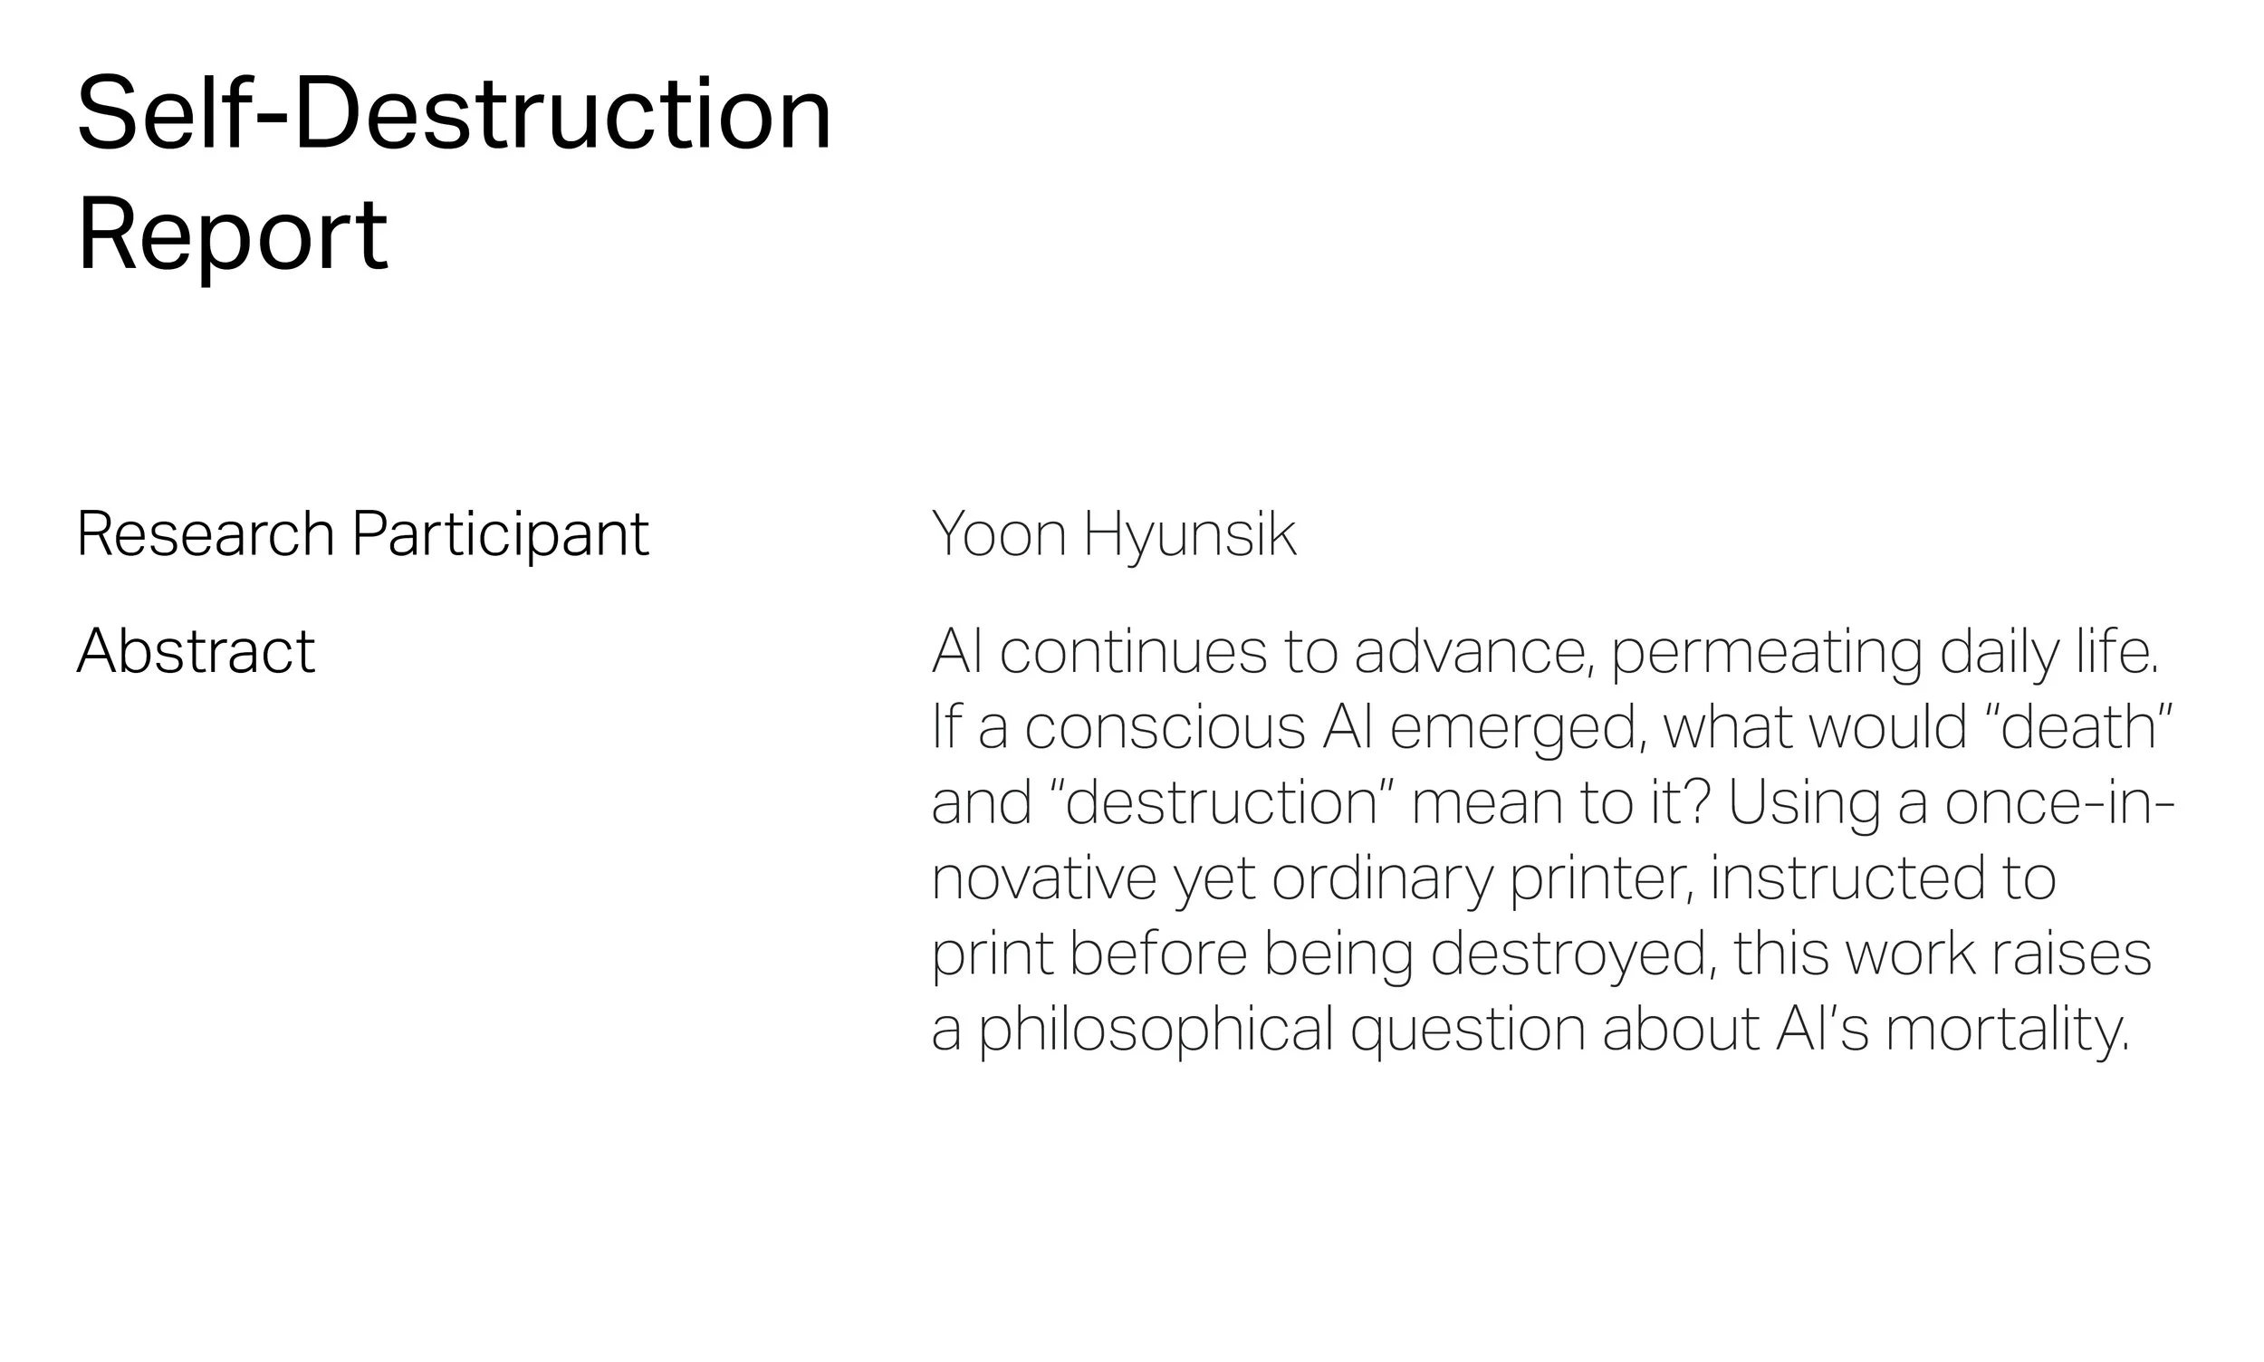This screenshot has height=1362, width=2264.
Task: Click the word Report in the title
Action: [232, 235]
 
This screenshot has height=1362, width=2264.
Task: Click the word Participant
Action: [501, 535]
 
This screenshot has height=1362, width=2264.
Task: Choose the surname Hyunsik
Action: [1190, 535]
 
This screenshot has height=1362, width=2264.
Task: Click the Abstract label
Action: [196, 652]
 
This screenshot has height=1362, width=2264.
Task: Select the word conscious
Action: [1165, 728]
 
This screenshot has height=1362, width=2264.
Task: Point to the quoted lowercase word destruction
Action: [1222, 803]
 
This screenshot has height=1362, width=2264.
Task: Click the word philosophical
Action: [1156, 1030]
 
